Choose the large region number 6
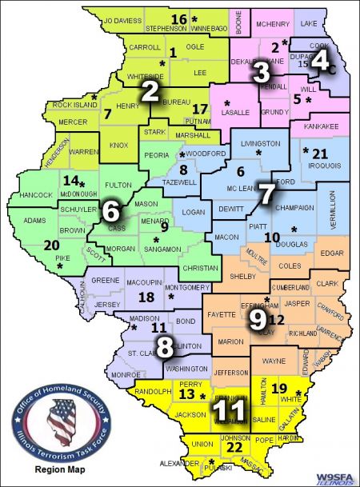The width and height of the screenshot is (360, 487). (x=111, y=211)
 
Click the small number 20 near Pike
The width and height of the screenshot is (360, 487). (x=51, y=245)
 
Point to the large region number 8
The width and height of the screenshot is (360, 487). (x=165, y=348)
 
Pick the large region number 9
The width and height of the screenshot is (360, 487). (x=258, y=318)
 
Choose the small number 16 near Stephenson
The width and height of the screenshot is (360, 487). (x=179, y=18)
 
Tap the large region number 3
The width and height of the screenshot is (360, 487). (x=261, y=73)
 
